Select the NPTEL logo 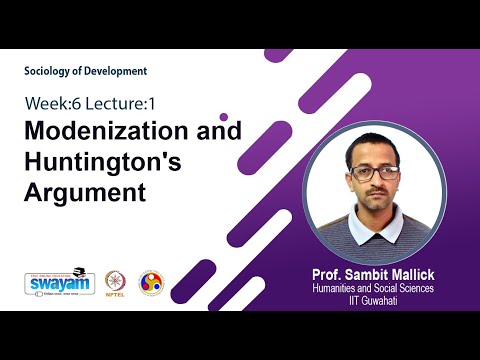116,281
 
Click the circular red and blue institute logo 151,281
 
